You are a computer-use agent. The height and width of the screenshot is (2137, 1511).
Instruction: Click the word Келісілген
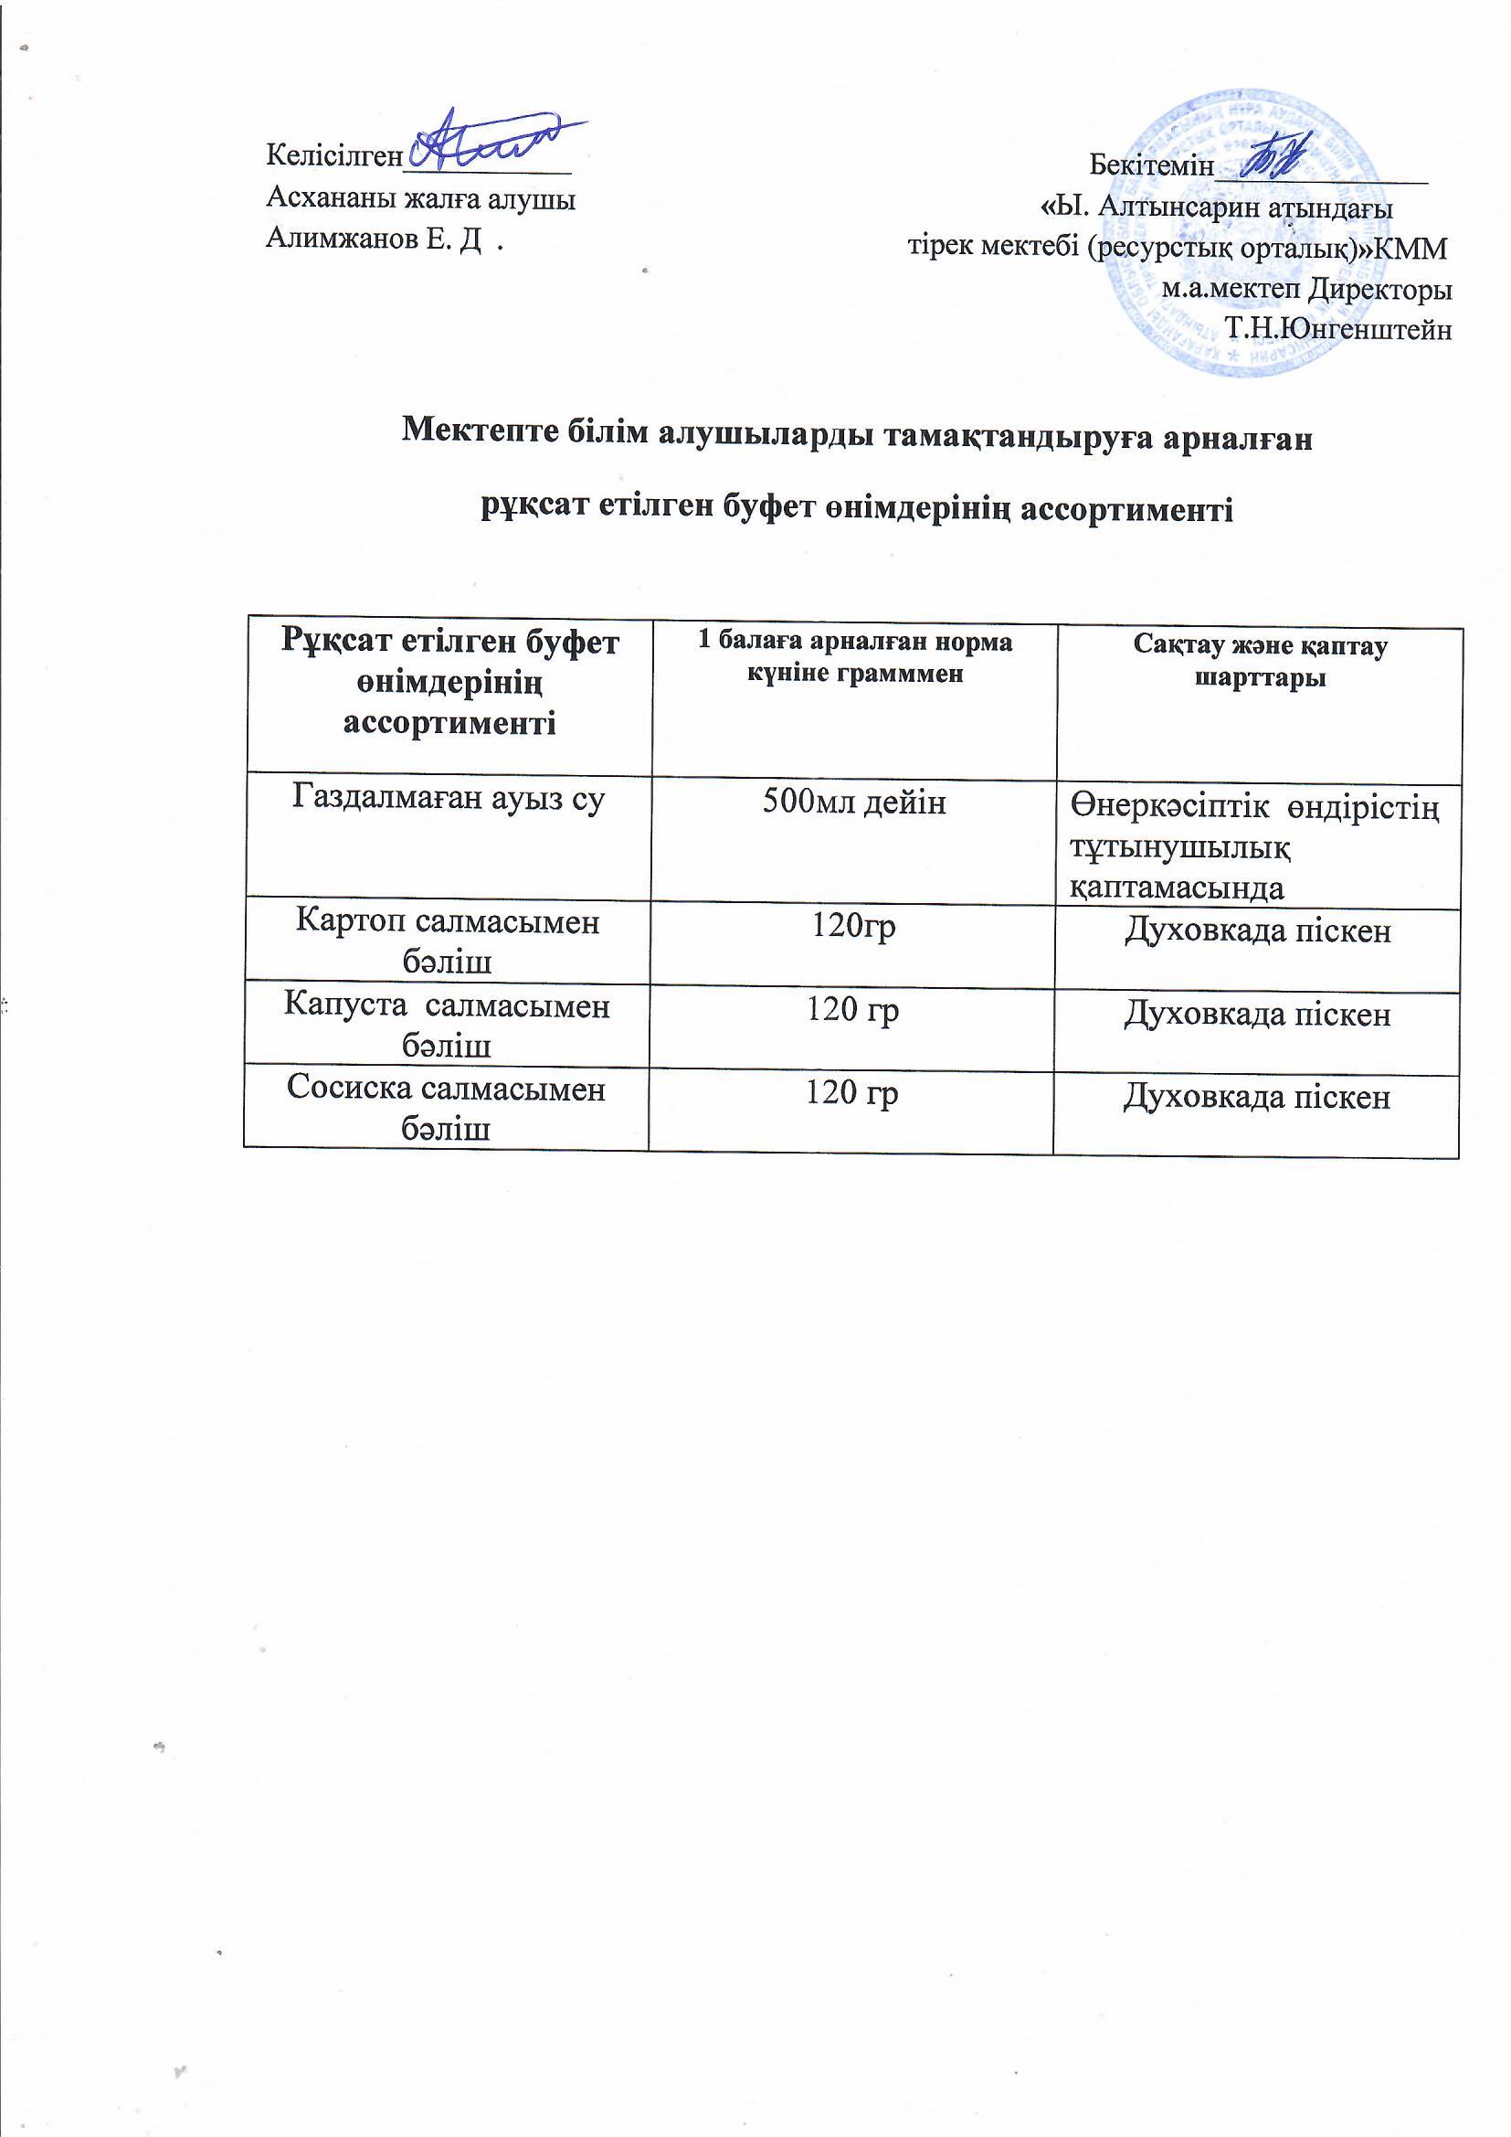click(x=333, y=154)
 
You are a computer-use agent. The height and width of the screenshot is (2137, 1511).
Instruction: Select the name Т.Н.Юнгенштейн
click(x=1339, y=328)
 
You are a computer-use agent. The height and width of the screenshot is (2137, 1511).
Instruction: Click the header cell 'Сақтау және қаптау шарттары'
click(x=1260, y=661)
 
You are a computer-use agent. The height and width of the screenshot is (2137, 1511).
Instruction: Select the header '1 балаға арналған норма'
click(x=855, y=642)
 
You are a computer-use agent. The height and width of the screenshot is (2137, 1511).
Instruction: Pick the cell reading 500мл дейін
click(x=854, y=802)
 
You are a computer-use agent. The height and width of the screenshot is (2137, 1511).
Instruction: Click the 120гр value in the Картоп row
click(x=854, y=928)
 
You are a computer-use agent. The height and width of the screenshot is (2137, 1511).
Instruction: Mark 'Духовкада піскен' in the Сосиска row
click(x=1257, y=1098)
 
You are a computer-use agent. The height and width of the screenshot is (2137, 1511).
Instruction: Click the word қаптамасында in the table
click(x=1177, y=887)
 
